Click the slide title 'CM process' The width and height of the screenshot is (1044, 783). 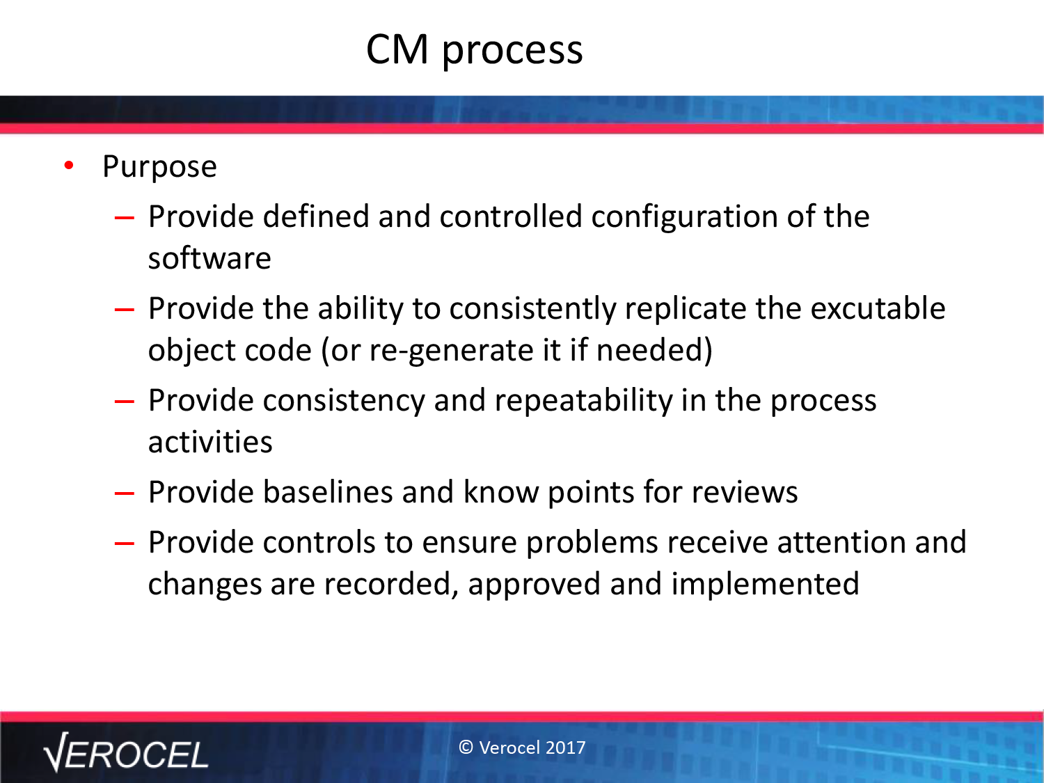[x=474, y=50]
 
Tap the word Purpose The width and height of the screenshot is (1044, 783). [x=159, y=167]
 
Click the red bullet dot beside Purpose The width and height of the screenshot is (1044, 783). [x=69, y=165]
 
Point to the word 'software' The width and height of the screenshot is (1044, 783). [x=209, y=258]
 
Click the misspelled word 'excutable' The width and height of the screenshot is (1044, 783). [x=878, y=308]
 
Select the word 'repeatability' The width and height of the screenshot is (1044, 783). [x=584, y=401]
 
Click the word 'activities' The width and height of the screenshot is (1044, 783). [x=210, y=442]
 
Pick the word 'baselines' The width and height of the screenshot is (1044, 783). [x=329, y=491]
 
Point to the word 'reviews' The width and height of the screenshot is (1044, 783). [x=745, y=493]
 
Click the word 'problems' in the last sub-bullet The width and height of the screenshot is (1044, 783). [x=592, y=543]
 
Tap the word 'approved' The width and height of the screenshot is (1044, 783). [x=534, y=585]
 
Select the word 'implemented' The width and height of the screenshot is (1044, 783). [x=766, y=584]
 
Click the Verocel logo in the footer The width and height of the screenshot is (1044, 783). [x=126, y=752]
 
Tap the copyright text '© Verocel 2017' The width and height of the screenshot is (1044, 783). [x=522, y=748]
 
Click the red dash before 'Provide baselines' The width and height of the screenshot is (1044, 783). [x=125, y=493]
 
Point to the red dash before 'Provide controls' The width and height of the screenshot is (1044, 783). [x=125, y=544]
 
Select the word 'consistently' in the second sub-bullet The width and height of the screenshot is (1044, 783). [x=532, y=309]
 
